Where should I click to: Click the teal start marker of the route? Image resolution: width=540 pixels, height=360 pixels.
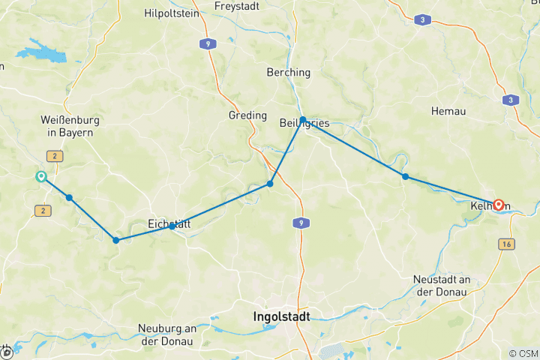point(40,177)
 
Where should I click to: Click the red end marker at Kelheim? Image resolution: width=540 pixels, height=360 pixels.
point(497,204)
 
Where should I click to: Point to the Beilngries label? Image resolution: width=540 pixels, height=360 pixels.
point(304,123)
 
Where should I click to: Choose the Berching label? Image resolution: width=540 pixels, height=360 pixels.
point(288,73)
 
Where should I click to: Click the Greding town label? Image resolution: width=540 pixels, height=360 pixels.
point(247,115)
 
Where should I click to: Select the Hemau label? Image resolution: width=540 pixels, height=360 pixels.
point(449,111)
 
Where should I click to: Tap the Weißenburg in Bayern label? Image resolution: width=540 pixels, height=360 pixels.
point(70,126)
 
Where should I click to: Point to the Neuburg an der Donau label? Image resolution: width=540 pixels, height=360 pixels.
point(166,334)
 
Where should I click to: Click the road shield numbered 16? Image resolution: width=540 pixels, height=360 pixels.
point(508,244)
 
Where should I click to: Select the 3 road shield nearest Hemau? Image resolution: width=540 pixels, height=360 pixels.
point(511,100)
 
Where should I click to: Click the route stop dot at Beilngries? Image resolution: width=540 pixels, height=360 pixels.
point(302,120)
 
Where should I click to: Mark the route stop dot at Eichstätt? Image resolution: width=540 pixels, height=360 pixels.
point(172,226)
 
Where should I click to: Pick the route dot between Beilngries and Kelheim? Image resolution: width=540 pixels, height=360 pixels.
point(405,177)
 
